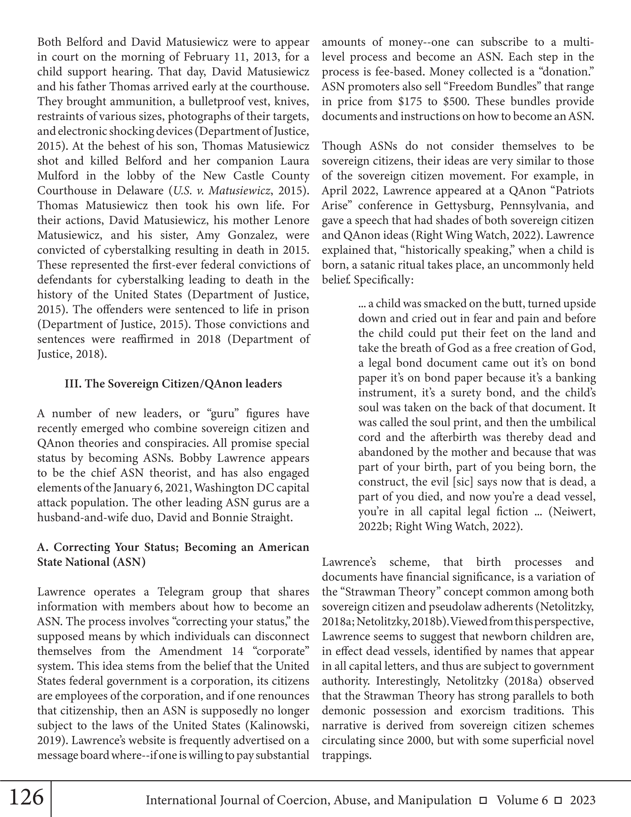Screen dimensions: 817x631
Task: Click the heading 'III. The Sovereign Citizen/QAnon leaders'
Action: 173,384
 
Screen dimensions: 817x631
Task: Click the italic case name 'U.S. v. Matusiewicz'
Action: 221,191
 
